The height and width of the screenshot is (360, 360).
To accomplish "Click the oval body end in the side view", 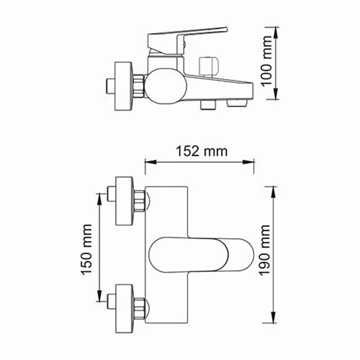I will click(x=165, y=85).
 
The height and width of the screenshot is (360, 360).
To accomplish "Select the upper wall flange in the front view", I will click(x=125, y=201).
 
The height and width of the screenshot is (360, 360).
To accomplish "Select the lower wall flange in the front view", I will click(x=125, y=306).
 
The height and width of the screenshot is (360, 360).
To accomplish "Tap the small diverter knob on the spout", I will click(x=208, y=65).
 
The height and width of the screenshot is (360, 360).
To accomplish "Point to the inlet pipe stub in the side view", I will click(x=109, y=85).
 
